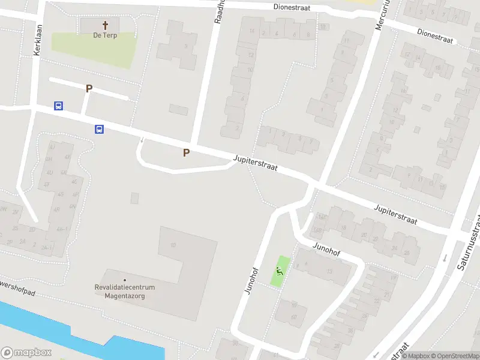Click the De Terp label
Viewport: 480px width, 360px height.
coord(105,35)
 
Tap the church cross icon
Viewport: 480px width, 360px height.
coord(106,25)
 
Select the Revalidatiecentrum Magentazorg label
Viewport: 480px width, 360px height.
coord(125,291)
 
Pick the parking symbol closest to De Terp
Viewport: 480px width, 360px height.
coord(89,88)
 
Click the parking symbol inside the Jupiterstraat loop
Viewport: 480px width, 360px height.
coord(186,153)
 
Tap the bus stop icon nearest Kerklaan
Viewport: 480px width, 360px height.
coord(58,106)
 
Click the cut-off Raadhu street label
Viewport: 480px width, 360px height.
coord(220,12)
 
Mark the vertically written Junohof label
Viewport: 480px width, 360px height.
coord(251,280)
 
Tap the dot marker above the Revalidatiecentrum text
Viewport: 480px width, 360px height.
coord(125,280)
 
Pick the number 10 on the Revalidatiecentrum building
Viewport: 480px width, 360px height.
coord(173,245)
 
